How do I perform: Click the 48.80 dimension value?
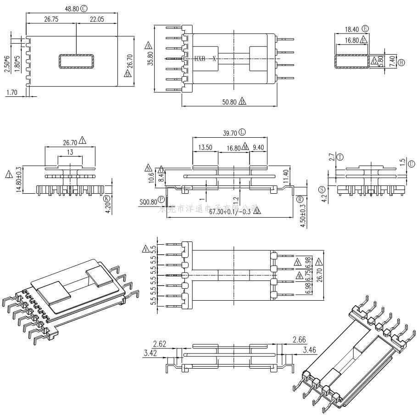click(72, 9)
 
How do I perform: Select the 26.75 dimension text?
click(50, 19)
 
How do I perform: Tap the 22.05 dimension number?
click(96, 19)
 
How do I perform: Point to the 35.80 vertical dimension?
click(150, 59)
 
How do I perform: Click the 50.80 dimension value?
click(230, 102)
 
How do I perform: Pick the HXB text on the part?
click(200, 59)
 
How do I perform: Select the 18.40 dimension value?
click(352, 29)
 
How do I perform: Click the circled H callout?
click(401, 62)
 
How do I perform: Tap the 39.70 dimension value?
click(230, 133)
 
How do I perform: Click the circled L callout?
click(242, 132)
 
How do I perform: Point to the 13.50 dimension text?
click(205, 148)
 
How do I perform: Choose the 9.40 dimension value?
click(258, 148)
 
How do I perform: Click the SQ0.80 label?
click(149, 201)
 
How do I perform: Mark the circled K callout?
click(107, 198)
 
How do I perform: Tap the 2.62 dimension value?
click(160, 344)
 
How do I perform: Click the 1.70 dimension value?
click(12, 92)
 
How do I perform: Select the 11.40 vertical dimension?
click(287, 176)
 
